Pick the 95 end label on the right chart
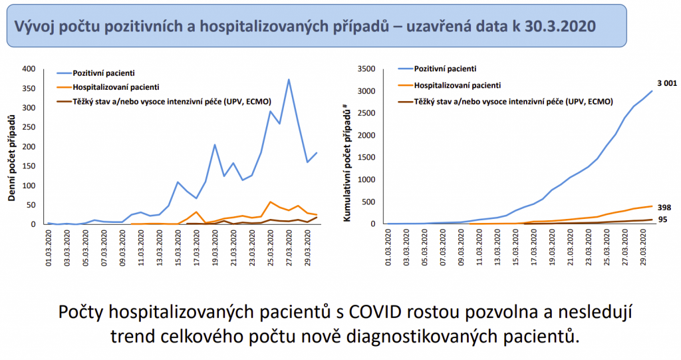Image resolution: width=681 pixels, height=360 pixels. coord(663,220)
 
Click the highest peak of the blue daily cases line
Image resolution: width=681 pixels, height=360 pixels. coord(289,80)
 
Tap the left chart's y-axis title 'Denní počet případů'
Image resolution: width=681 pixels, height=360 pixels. coord(11,158)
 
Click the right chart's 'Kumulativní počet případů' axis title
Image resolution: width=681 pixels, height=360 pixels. coord(347,155)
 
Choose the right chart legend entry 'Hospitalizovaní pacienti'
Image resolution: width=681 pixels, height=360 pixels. coord(457,85)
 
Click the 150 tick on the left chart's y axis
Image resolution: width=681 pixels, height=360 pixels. coord(30,166)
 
